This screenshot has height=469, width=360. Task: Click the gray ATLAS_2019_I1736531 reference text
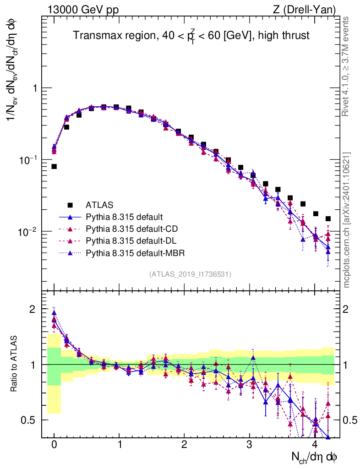pos(190,274)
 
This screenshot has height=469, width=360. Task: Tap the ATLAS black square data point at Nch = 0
pos(54,166)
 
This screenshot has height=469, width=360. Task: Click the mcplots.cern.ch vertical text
pos(347,220)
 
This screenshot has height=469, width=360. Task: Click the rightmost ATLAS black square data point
pos(328,219)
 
